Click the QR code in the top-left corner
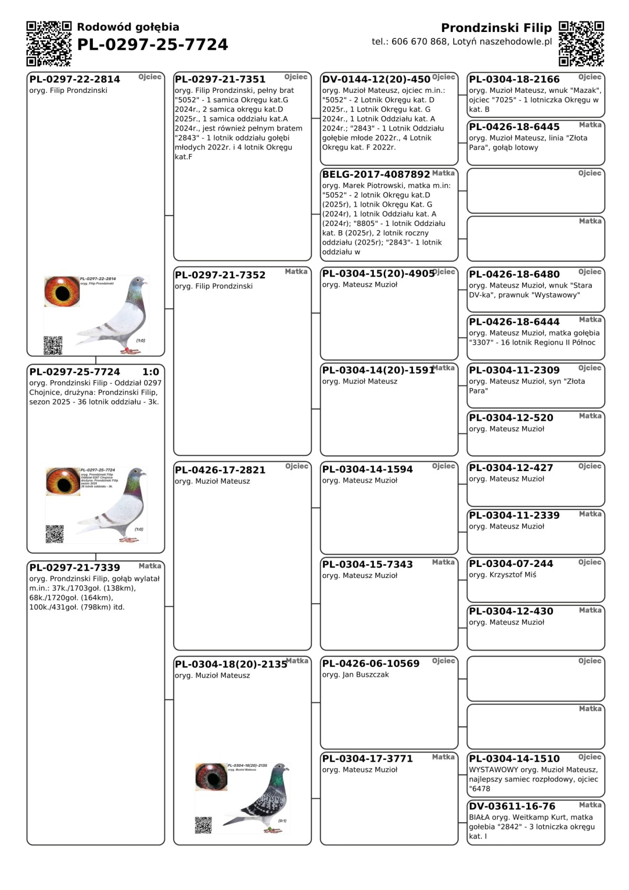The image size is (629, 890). tap(49, 44)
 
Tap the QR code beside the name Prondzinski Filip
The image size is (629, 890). tap(581, 44)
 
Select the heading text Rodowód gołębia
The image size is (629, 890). tap(128, 27)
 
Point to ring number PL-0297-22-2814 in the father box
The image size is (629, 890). tap(74, 79)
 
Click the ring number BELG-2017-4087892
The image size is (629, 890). tap(376, 174)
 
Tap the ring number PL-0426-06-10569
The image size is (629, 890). tap(371, 663)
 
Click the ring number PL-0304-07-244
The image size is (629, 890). tap(511, 563)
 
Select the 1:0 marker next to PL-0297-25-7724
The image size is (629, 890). tap(151, 372)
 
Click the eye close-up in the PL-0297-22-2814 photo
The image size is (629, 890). tap(62, 292)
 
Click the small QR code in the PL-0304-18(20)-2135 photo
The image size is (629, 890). tap(203, 824)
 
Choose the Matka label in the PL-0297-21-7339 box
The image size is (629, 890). tap(150, 566)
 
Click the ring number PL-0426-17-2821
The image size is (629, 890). tap(220, 470)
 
